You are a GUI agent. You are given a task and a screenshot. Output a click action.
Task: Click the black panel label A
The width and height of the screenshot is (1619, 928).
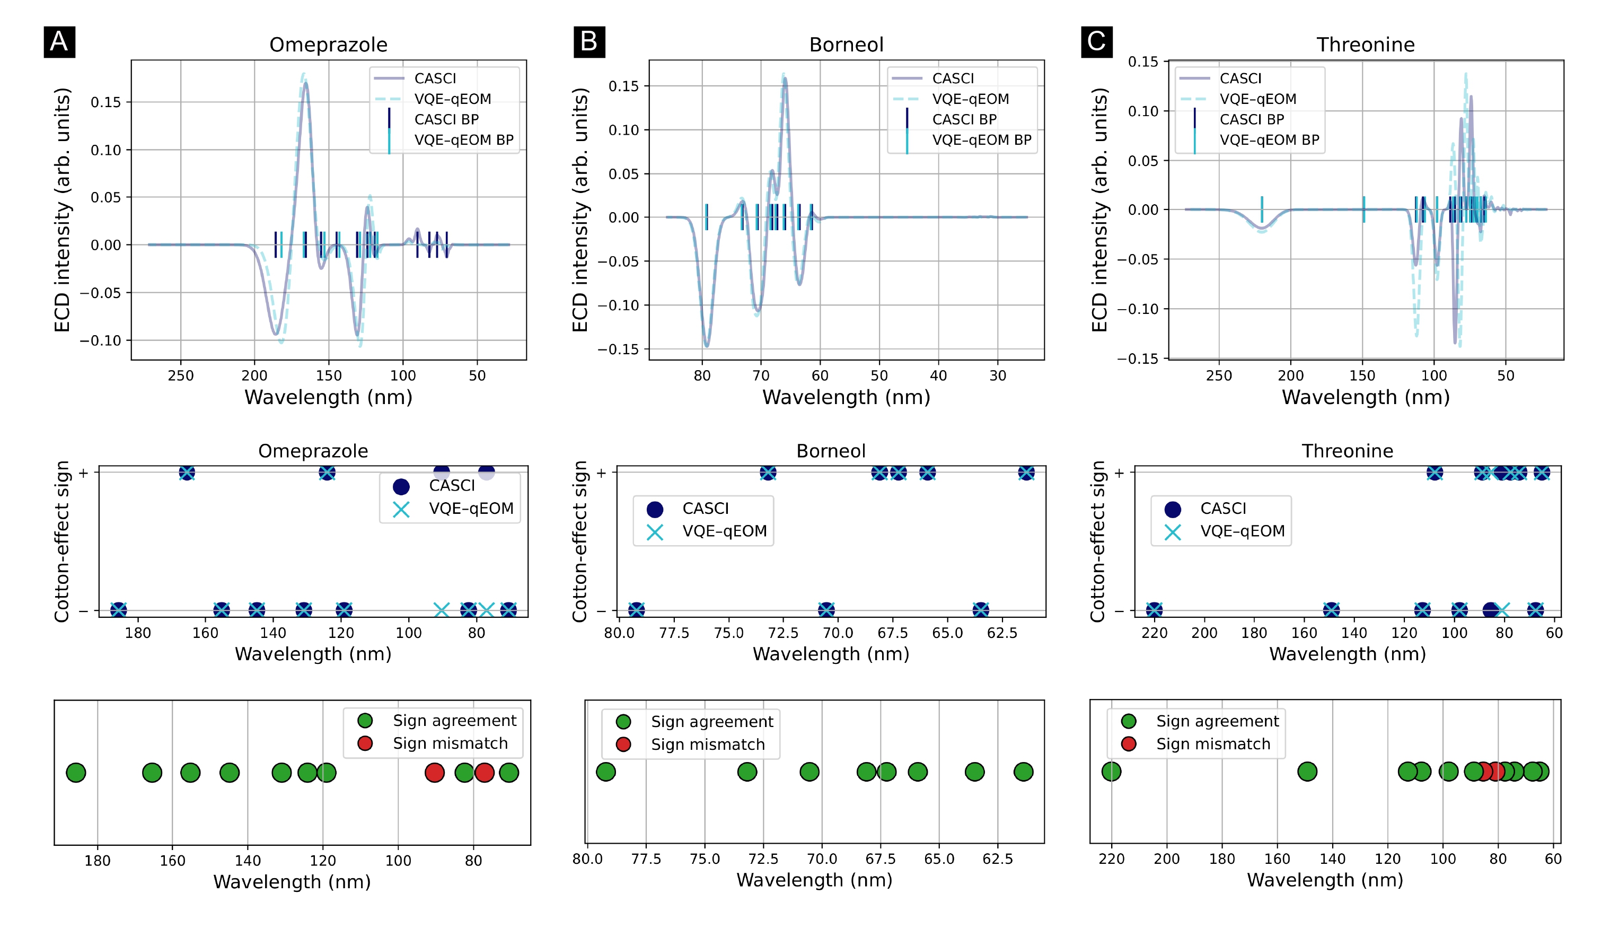point(59,42)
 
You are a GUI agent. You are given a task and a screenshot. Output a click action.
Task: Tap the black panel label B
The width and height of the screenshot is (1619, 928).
point(589,42)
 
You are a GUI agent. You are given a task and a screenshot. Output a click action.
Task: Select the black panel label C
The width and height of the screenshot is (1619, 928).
point(1096,42)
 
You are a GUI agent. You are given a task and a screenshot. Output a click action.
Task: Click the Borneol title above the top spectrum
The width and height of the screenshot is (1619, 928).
point(846,45)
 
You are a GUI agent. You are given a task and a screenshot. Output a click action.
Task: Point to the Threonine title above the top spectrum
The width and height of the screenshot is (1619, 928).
point(1366,45)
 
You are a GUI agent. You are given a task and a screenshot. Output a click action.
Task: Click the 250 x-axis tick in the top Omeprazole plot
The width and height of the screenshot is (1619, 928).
point(180,375)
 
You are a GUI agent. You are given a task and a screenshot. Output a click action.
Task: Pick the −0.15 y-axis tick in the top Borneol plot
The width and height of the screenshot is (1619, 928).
point(618,349)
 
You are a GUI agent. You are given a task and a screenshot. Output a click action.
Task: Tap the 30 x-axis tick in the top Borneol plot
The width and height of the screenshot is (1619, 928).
point(998,375)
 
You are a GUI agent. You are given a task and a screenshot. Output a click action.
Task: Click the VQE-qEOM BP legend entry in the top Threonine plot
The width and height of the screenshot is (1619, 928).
point(1269,140)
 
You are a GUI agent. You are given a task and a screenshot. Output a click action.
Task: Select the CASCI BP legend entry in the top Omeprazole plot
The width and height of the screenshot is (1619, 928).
point(446,119)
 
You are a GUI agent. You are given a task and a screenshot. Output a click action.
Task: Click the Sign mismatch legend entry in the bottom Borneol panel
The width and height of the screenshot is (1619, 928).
point(707,745)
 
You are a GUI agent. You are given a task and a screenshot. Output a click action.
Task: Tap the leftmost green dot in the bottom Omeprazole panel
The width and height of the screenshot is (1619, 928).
point(76,773)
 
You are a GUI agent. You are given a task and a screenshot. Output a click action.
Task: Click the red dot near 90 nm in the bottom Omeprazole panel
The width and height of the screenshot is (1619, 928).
point(435,773)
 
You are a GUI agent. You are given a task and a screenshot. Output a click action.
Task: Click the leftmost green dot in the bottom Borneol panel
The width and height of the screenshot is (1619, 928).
point(605,772)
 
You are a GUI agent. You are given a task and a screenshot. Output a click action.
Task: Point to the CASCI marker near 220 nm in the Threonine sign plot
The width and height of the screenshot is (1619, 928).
point(1154,610)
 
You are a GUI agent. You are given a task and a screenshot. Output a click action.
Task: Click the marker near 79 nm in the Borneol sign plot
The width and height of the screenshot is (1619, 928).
point(636,610)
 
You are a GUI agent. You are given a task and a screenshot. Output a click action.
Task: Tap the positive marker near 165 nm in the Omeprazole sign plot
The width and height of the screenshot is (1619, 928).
point(187,473)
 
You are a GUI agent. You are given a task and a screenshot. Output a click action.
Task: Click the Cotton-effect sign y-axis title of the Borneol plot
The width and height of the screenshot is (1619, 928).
point(579,542)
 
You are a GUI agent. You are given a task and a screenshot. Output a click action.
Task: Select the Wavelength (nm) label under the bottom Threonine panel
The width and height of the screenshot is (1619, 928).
point(1325,880)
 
